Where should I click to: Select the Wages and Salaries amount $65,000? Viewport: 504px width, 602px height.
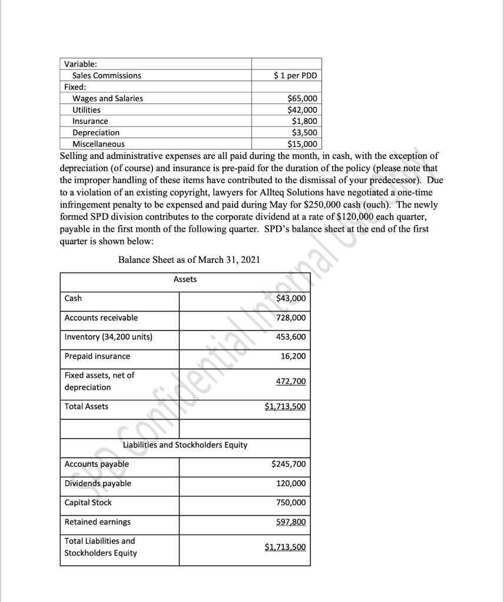(x=302, y=99)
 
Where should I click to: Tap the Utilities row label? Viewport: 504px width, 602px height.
(x=86, y=110)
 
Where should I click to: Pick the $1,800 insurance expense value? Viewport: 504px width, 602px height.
(x=304, y=122)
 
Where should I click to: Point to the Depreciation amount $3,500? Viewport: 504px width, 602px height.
(x=304, y=133)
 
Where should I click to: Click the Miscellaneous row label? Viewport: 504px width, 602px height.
(x=98, y=144)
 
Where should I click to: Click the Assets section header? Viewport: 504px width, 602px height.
(x=185, y=280)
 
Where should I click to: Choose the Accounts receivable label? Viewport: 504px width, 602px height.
(x=101, y=317)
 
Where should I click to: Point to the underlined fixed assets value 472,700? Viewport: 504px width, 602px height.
(x=291, y=382)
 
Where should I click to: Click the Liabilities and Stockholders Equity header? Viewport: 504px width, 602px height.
(x=185, y=445)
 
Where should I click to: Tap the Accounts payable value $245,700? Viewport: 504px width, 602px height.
(x=289, y=464)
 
